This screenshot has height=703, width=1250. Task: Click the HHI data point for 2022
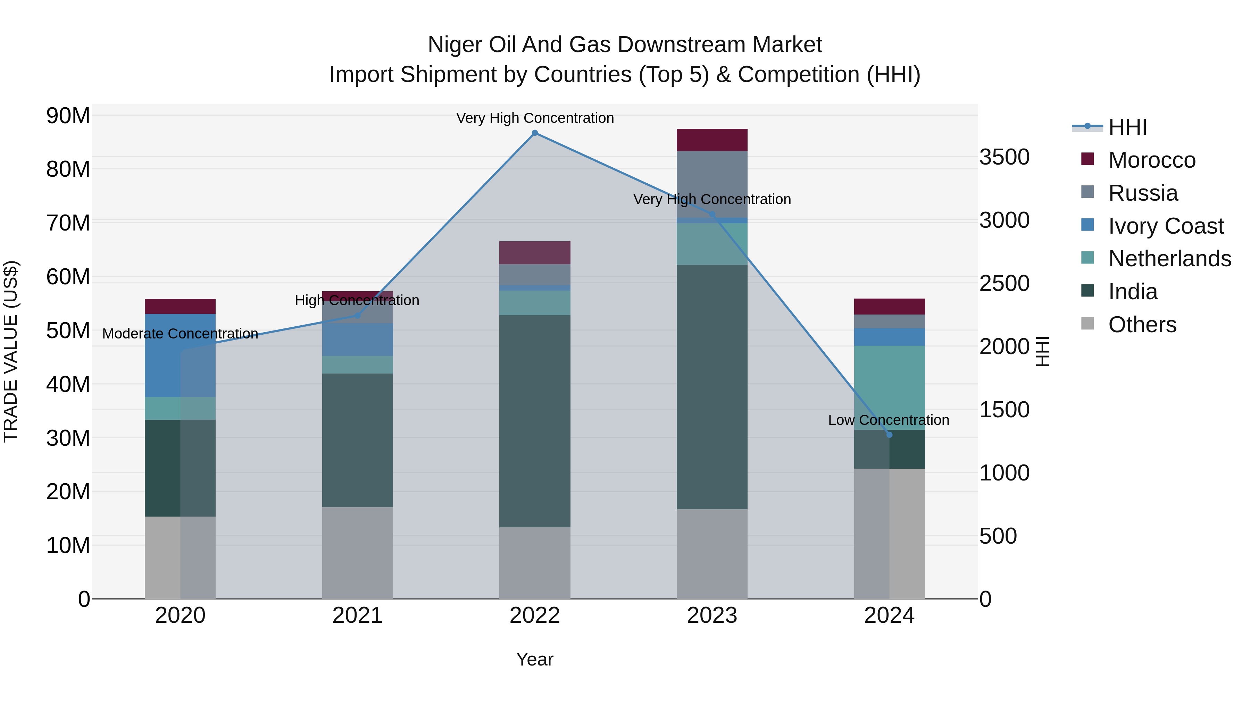click(x=535, y=133)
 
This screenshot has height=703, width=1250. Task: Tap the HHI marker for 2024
click(x=889, y=435)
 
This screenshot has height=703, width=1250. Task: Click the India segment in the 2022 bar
click(x=535, y=421)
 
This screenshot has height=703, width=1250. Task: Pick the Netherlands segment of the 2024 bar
click(x=889, y=388)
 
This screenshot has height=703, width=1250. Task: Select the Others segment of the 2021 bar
click(x=357, y=553)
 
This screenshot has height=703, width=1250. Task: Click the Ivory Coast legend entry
click(x=1166, y=226)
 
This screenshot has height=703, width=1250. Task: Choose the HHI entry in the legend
click(x=1127, y=127)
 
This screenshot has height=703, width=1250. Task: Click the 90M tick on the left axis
click(x=68, y=116)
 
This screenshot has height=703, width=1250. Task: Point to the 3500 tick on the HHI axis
click(x=1004, y=157)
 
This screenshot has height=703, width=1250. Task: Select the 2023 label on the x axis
click(x=712, y=616)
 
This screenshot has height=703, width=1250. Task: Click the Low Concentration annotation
click(x=889, y=420)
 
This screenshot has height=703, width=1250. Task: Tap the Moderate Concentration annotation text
click(x=180, y=334)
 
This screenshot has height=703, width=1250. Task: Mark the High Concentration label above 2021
click(x=357, y=300)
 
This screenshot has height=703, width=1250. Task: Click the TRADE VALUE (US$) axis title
click(x=11, y=351)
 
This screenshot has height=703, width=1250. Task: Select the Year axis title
click(x=535, y=659)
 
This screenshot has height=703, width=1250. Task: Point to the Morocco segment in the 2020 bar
click(x=180, y=306)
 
